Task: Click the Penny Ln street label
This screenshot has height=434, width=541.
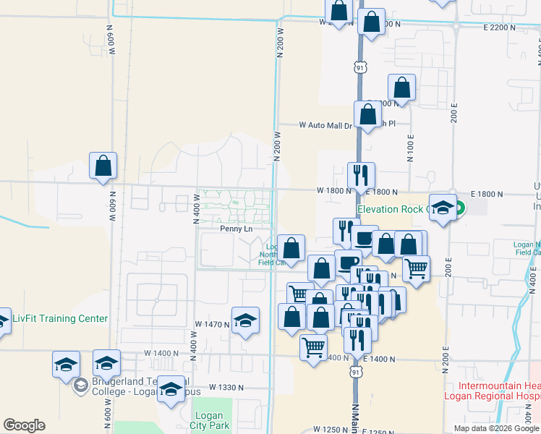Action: tap(236, 229)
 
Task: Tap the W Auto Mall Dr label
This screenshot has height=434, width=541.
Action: tap(325, 125)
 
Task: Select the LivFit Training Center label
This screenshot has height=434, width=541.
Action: tap(60, 318)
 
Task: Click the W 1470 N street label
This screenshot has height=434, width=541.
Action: tap(212, 325)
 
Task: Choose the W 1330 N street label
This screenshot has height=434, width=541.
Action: tap(227, 388)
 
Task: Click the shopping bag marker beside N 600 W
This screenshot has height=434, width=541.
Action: tap(103, 166)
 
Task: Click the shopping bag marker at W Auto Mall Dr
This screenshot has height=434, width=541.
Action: tap(368, 114)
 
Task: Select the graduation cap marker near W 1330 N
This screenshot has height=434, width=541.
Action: tap(171, 390)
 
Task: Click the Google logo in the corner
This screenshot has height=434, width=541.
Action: tap(24, 425)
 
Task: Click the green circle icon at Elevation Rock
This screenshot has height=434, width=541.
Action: tap(458, 210)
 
